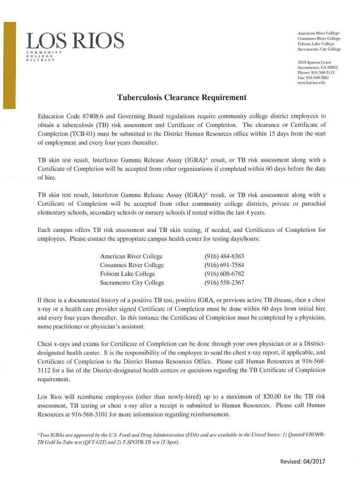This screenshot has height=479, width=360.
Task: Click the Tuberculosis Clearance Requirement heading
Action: pyautogui.click(x=181, y=98)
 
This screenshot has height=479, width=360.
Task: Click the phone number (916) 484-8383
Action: pyautogui.click(x=224, y=256)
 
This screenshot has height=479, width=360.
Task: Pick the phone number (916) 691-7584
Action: pyautogui.click(x=224, y=265)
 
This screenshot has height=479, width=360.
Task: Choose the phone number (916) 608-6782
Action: pyautogui.click(x=224, y=274)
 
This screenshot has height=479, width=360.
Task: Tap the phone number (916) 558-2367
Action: pyautogui.click(x=224, y=283)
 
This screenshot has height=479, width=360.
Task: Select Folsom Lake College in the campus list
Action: pyautogui.click(x=127, y=274)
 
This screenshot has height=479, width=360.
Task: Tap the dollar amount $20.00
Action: pyautogui.click(x=256, y=396)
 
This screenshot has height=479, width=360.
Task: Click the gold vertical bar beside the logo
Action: pyautogui.click(x=9, y=65)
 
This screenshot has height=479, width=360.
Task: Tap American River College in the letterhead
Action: pyautogui.click(x=318, y=33)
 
